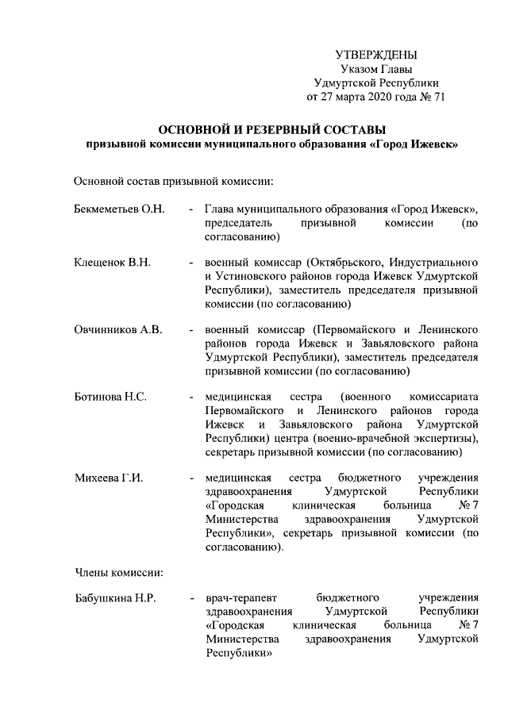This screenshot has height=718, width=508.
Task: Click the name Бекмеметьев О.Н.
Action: click(118, 209)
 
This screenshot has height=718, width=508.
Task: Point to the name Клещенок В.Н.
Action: click(112, 262)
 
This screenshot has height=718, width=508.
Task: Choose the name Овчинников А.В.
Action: click(117, 329)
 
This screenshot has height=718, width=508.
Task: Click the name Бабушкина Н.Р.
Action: click(114, 598)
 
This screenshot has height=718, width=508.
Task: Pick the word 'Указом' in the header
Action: click(358, 69)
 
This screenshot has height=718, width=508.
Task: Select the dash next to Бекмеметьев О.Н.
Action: click(190, 209)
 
